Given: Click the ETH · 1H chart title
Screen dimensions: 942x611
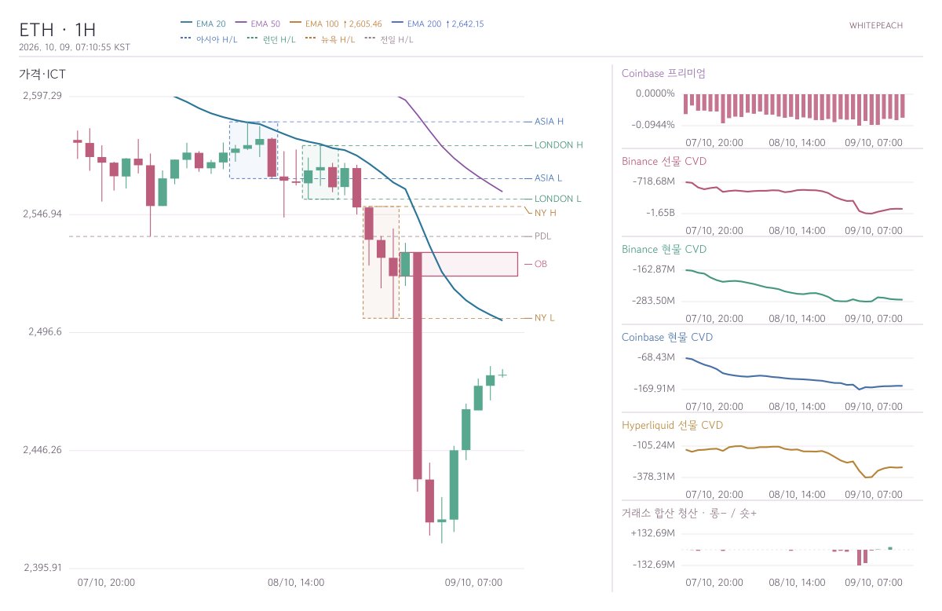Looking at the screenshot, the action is tap(57, 30).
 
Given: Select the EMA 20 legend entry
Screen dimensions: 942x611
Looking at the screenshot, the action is tap(203, 24).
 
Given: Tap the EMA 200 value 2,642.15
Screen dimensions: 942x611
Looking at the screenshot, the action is tap(468, 24).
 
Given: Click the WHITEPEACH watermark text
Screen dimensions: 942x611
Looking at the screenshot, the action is tap(876, 26).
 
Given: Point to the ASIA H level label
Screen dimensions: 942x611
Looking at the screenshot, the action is tap(549, 122).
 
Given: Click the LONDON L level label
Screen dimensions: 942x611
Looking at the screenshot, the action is tap(557, 199).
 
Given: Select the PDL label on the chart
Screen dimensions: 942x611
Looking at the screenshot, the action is tap(542, 236).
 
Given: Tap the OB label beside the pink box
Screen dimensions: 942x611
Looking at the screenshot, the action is tap(540, 264).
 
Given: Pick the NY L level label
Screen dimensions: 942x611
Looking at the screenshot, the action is tap(544, 318).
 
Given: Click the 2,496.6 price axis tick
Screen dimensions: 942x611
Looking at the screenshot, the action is tap(45, 332).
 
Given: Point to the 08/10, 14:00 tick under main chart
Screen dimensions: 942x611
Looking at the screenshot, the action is tap(296, 583).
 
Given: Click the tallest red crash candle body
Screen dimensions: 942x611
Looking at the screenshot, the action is tap(417, 365).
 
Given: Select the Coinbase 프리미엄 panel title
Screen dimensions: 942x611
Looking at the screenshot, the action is tap(663, 74).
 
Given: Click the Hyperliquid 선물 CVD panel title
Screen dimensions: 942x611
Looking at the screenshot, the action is tap(672, 426).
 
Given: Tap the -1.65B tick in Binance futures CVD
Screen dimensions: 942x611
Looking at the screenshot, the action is tap(660, 213).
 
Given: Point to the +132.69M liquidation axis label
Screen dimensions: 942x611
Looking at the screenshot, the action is tap(652, 533).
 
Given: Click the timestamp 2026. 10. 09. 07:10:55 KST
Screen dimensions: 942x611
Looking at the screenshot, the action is tap(75, 47).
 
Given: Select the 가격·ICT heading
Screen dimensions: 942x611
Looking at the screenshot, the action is tap(42, 75).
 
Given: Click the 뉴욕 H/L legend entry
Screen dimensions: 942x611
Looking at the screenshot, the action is tap(330, 39).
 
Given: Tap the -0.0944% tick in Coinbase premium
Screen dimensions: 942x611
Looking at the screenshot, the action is tap(653, 125).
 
